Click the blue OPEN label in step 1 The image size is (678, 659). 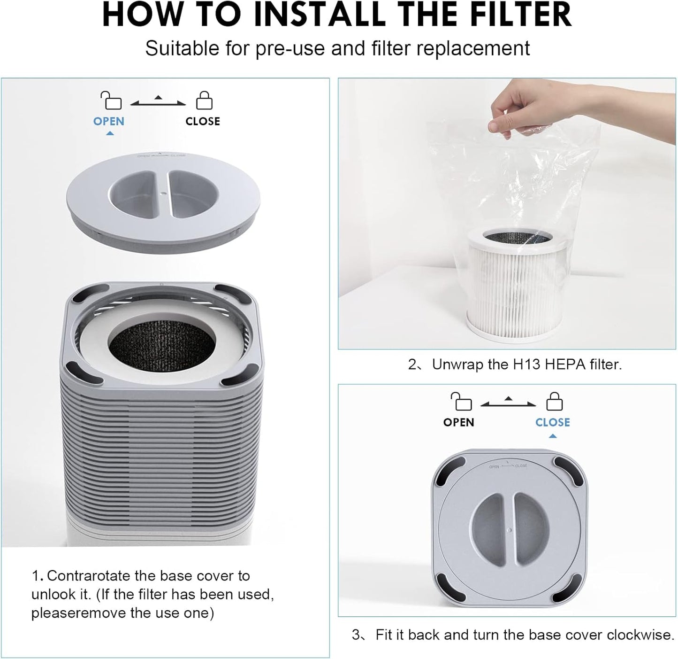click(109, 121)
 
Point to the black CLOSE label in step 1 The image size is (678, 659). click(203, 121)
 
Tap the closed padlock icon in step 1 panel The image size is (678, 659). click(204, 101)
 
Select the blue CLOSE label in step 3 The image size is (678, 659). click(552, 422)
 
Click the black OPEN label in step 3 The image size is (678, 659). click(458, 422)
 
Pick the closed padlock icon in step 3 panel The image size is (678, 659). click(554, 402)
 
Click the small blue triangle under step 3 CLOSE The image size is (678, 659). click(552, 436)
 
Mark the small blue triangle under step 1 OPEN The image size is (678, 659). click(109, 134)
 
